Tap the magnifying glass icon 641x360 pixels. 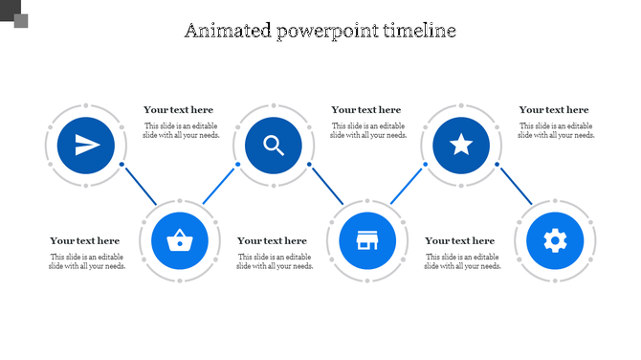pyautogui.click(x=274, y=146)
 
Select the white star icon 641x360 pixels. pyautogui.click(x=461, y=146)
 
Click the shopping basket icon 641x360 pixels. pyautogui.click(x=180, y=239)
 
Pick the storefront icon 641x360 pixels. pyautogui.click(x=367, y=239)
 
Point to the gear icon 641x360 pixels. pyautogui.click(x=555, y=239)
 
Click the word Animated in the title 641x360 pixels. pyautogui.click(x=228, y=31)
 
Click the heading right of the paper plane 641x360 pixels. pyautogui.click(x=179, y=110)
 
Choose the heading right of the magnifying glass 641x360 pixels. pyautogui.click(x=366, y=110)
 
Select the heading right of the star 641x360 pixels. pyautogui.click(x=554, y=110)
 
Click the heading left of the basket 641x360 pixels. pyautogui.click(x=85, y=241)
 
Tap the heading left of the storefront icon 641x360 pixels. pyautogui.click(x=273, y=241)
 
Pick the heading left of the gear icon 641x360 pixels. pyautogui.click(x=460, y=241)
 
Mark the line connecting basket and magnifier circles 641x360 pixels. pyautogui.click(x=219, y=184)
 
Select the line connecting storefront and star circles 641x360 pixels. pyautogui.click(x=407, y=184)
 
